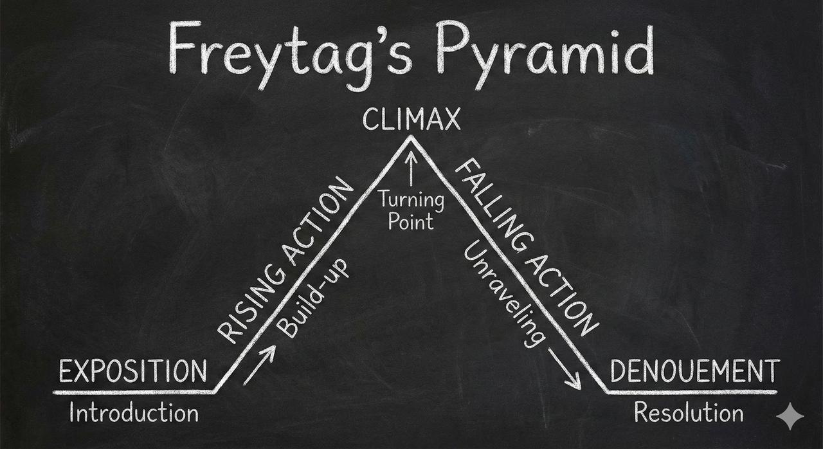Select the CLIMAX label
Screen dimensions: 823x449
pos(411,120)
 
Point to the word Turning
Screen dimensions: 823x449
pos(411,199)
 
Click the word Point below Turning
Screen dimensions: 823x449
pos(411,223)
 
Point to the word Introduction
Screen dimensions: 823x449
pos(134,412)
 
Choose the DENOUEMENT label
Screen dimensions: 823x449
pos(694,372)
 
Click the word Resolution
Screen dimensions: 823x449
pos(689,412)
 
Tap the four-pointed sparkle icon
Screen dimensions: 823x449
pos(790,417)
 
